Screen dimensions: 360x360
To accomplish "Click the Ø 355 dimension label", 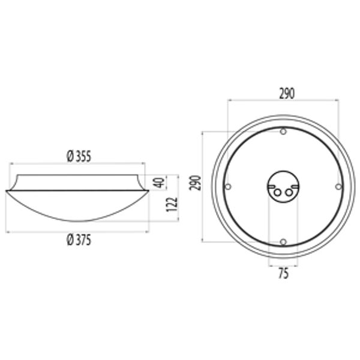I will click(79, 157).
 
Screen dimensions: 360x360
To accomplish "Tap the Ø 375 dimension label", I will click(79, 239).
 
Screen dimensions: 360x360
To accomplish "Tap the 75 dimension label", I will click(283, 274).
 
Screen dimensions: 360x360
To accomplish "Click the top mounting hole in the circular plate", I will click(283, 132).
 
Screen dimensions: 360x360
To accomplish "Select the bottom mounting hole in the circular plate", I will click(283, 242).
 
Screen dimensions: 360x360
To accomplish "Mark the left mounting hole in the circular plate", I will click(228, 187).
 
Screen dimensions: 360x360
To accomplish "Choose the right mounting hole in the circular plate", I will click(338, 187).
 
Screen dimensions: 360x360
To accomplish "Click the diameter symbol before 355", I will click(69, 157).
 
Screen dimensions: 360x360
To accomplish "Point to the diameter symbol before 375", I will click(69, 239).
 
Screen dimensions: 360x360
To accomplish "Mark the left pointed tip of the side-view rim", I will click(7, 191).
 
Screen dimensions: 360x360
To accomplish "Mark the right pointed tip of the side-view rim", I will click(149, 191).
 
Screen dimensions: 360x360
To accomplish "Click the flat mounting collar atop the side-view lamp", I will click(78, 182).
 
